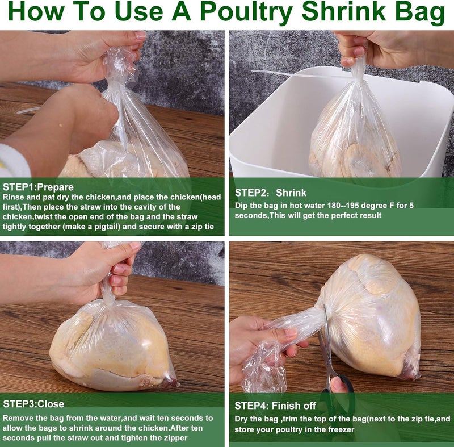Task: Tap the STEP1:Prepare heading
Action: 38,187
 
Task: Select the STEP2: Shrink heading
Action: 271,193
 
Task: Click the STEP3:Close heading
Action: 33,404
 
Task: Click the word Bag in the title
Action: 419,13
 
